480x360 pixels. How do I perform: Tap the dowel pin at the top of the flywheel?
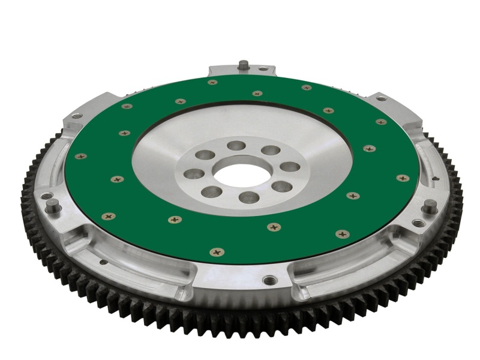pyautogui.click(x=244, y=64)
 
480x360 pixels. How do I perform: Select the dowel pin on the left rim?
pyautogui.click(x=53, y=206)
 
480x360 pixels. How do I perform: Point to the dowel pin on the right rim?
pyautogui.click(x=429, y=206)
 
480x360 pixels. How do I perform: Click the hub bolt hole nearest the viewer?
pyautogui.click(x=248, y=197)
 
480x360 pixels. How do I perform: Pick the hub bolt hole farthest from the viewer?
pyautogui.click(x=236, y=146)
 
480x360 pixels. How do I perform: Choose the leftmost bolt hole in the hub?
pyautogui.click(x=194, y=174)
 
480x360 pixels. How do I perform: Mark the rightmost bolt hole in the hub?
pyautogui.click(x=290, y=167)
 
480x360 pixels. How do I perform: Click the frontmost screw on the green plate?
pyautogui.click(x=214, y=252)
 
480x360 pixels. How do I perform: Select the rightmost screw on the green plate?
pyautogui.click(x=403, y=178)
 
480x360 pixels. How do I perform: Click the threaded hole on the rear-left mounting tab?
pyautogui.click(x=76, y=116)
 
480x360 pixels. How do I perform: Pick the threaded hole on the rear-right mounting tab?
pyautogui.click(x=380, y=98)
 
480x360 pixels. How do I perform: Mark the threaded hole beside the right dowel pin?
pyautogui.click(x=418, y=223)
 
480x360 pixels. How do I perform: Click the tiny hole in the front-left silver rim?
pyautogui.click(x=104, y=262)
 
